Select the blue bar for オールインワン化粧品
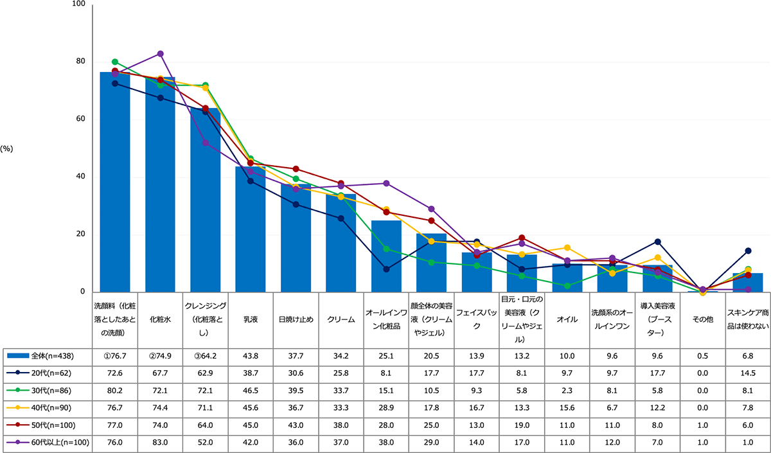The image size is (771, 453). pyautogui.click(x=386, y=256)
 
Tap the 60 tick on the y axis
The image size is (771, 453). pyautogui.click(x=80, y=119)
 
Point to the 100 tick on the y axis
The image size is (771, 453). pyautogui.click(x=78, y=4)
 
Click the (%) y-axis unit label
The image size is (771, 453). pyautogui.click(x=7, y=148)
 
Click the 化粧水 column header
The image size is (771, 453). pyautogui.click(x=160, y=319)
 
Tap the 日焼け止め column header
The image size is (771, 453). pyautogui.click(x=296, y=319)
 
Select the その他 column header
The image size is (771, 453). pyautogui.click(x=703, y=319)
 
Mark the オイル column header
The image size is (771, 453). pyautogui.click(x=567, y=319)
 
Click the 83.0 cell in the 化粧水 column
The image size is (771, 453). pyautogui.click(x=160, y=442)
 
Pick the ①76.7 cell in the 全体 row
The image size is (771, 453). pyautogui.click(x=114, y=355)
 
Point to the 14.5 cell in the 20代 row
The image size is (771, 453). pyautogui.click(x=748, y=373)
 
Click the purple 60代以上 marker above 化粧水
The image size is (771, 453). pyautogui.click(x=160, y=53)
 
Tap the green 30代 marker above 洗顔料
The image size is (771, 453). pyautogui.click(x=114, y=62)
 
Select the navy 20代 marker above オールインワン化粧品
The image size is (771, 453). pyautogui.click(x=386, y=269)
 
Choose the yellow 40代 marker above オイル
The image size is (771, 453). pyautogui.click(x=567, y=247)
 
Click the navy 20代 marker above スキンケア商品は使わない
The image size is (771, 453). pyautogui.click(x=748, y=251)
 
